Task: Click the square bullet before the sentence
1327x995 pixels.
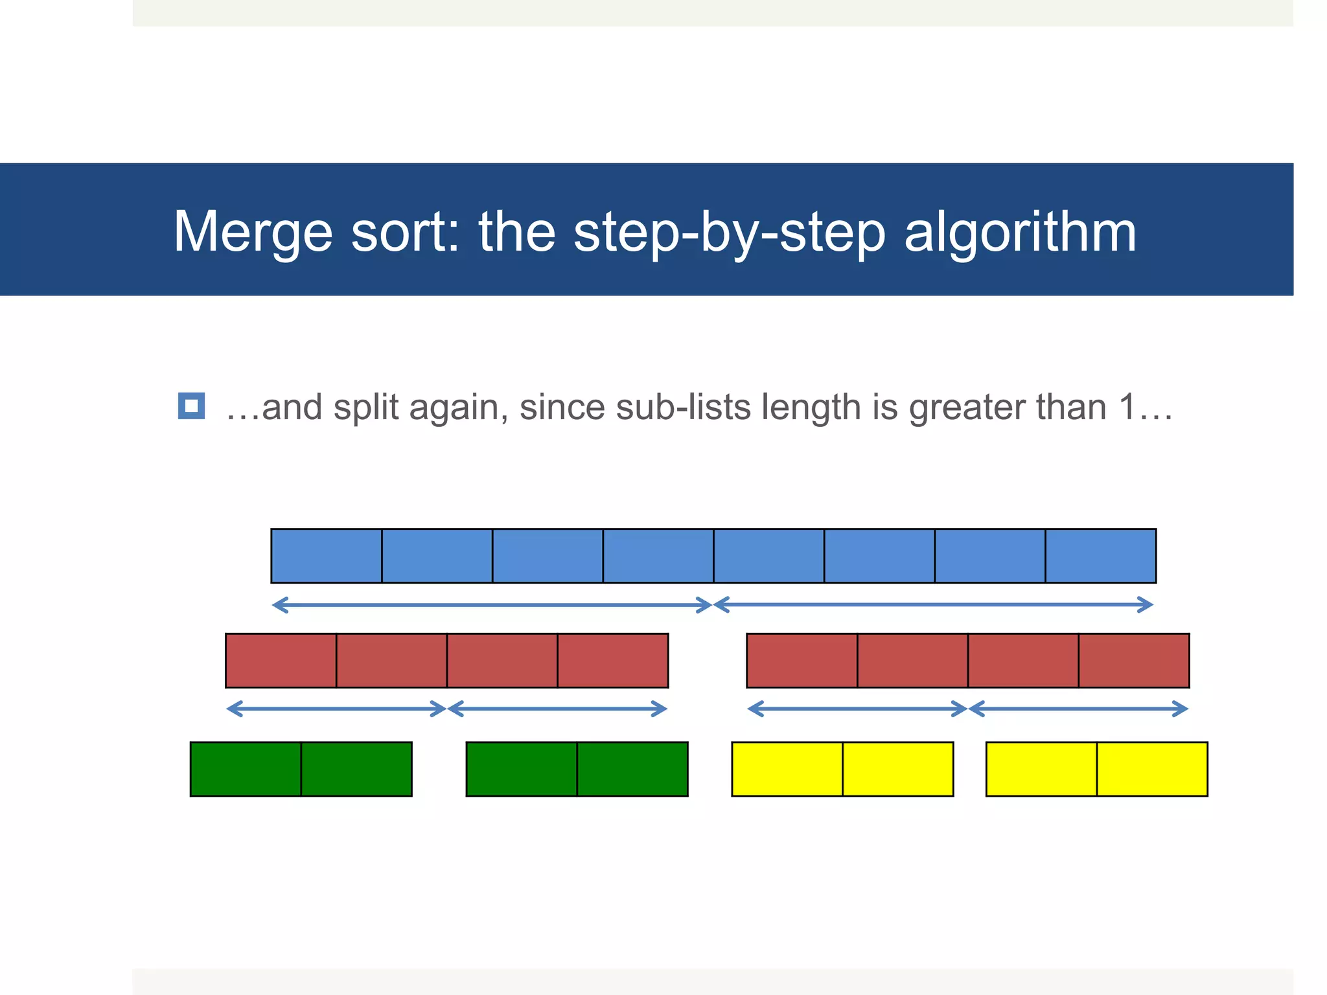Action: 191,406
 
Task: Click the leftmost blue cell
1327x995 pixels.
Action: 327,556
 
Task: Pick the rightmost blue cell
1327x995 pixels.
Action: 1100,556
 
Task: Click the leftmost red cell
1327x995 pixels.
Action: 281,660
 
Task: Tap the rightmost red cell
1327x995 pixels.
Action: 1134,660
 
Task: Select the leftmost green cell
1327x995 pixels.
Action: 246,769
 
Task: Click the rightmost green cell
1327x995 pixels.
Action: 632,769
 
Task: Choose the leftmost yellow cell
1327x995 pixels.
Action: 787,769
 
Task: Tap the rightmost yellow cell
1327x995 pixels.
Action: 1152,769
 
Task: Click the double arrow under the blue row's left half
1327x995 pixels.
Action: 492,605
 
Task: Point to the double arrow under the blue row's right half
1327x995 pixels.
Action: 933,604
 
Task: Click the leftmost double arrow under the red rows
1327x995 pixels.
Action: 336,709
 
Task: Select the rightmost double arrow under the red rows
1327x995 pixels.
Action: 1078,709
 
